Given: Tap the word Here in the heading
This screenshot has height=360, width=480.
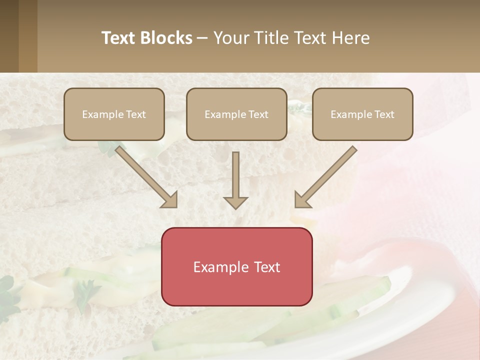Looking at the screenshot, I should point(349,38).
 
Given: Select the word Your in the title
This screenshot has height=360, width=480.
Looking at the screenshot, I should point(232,38).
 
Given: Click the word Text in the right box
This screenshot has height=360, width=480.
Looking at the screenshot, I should point(384,114).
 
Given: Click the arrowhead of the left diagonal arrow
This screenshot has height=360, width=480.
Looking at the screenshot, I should point(170,200).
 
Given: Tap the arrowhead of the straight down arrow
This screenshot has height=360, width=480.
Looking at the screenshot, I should point(235,202).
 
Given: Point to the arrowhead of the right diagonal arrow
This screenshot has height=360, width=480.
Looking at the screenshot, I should point(302,200).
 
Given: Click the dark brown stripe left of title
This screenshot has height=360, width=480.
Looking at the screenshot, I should point(9,36).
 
